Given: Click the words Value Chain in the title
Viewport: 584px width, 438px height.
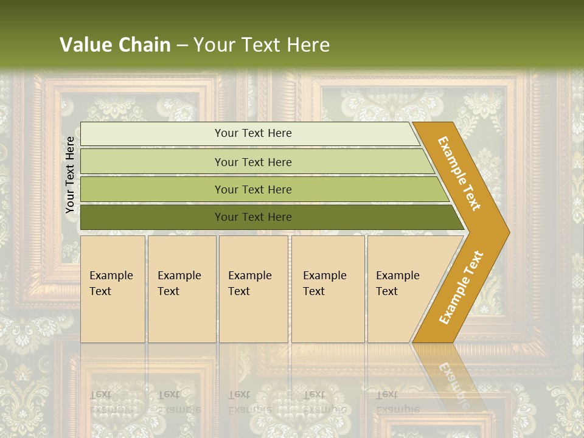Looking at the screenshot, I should (x=115, y=45).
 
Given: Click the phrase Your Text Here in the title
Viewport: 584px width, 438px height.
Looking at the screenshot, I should (x=262, y=45).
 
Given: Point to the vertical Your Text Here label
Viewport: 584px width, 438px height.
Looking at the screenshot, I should (x=70, y=175).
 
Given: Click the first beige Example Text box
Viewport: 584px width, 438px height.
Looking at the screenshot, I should (x=113, y=289).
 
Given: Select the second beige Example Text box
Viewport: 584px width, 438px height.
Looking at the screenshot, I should (x=182, y=289).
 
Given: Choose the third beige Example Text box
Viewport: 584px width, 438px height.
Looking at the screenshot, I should (x=253, y=289).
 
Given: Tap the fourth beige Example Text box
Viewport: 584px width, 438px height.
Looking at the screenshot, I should (x=328, y=289).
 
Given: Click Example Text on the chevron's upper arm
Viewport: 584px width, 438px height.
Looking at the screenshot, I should (x=459, y=173).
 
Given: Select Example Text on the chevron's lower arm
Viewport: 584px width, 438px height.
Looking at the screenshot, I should (x=461, y=288).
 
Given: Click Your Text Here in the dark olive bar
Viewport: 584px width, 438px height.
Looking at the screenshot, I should (x=253, y=217).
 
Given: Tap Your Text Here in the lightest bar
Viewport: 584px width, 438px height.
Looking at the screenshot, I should (x=253, y=133).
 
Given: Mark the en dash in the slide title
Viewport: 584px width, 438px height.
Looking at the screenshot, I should (x=182, y=46).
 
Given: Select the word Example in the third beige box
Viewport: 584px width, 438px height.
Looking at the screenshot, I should (x=249, y=276).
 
